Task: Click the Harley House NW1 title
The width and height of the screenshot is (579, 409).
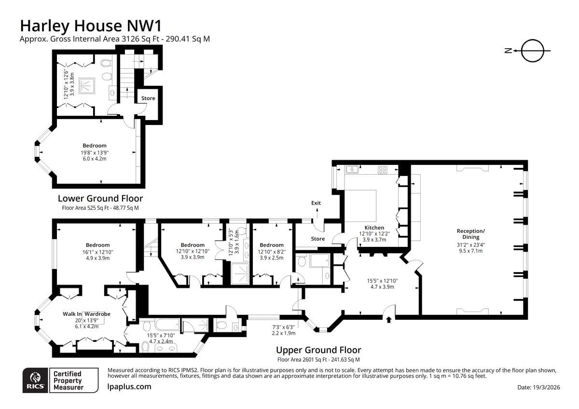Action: point(91,26)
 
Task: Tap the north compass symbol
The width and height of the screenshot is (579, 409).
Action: point(528,51)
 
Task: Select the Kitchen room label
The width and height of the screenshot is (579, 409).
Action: point(374,228)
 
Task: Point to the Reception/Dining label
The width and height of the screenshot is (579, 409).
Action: point(471,234)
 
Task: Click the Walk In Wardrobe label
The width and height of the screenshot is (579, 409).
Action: point(86,314)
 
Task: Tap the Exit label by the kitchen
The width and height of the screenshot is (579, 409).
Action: point(316,203)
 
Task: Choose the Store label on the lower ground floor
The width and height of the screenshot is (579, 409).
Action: point(148,98)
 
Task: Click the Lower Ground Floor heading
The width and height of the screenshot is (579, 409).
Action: point(100,198)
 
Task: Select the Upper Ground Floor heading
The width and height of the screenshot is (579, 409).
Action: point(318,350)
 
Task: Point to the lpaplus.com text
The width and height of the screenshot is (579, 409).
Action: point(129,386)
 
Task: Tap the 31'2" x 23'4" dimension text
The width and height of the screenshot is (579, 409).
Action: point(471,245)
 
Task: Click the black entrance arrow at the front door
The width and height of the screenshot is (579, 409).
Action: point(389,320)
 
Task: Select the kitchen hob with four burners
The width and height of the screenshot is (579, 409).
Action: point(383,170)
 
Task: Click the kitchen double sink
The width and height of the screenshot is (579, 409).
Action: point(352,169)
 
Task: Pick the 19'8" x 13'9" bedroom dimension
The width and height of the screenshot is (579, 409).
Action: point(95,152)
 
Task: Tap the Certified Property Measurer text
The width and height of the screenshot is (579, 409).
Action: point(68,381)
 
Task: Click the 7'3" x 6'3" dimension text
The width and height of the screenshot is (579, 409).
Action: point(283,327)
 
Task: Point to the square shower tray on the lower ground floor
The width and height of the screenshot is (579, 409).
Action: point(87,86)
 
